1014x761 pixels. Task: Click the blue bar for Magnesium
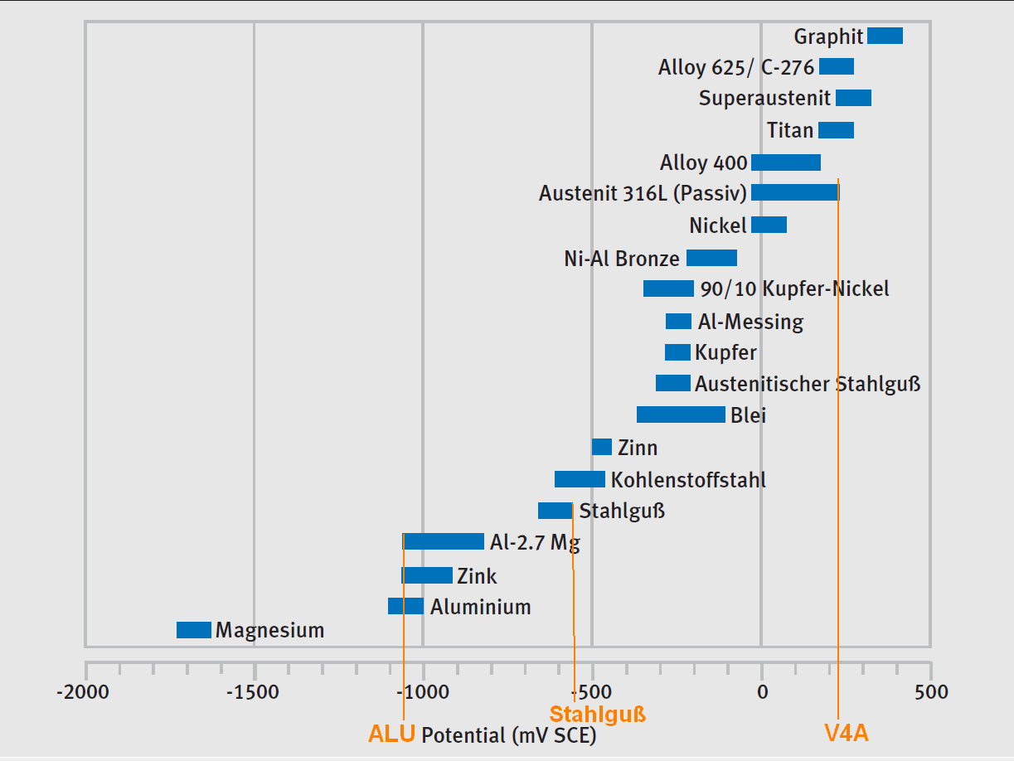pyautogui.click(x=194, y=630)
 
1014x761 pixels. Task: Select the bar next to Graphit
pyautogui.click(x=885, y=36)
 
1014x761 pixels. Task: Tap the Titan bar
pyautogui.click(x=836, y=130)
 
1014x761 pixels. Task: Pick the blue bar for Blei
pyautogui.click(x=681, y=414)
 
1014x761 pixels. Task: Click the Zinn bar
pyautogui.click(x=602, y=447)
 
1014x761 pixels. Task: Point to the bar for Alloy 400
pyautogui.click(x=785, y=162)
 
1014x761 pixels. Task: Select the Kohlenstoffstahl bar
pyautogui.click(x=580, y=479)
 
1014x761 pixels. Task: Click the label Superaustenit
pyautogui.click(x=764, y=99)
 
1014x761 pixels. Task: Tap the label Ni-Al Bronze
pyautogui.click(x=622, y=259)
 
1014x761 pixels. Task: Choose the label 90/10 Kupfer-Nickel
pyautogui.click(x=794, y=289)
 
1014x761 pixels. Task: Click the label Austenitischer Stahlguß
pyautogui.click(x=808, y=384)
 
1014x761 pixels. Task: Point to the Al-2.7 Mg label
pyautogui.click(x=535, y=543)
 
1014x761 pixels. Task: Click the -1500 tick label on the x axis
pyautogui.click(x=255, y=691)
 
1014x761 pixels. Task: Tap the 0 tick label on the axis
pyautogui.click(x=762, y=691)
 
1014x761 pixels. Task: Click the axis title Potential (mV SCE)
pyautogui.click(x=508, y=735)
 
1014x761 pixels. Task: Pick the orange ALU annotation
pyautogui.click(x=391, y=734)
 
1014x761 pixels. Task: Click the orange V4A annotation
pyautogui.click(x=846, y=734)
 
